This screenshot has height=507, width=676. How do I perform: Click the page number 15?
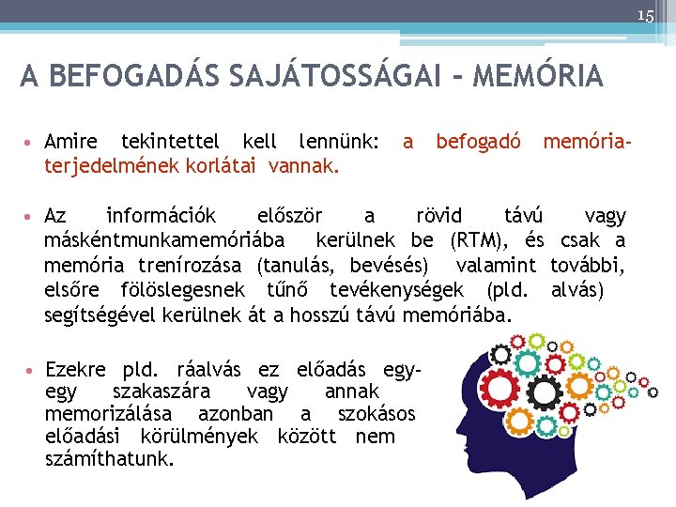[x=645, y=15]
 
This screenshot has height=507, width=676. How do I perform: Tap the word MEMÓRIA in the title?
[x=539, y=76]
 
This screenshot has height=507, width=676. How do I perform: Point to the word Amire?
[x=70, y=143]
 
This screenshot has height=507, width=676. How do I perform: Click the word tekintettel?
[x=170, y=143]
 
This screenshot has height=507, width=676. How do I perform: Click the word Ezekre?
[x=75, y=369]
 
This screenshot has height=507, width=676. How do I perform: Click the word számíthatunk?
[x=109, y=459]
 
